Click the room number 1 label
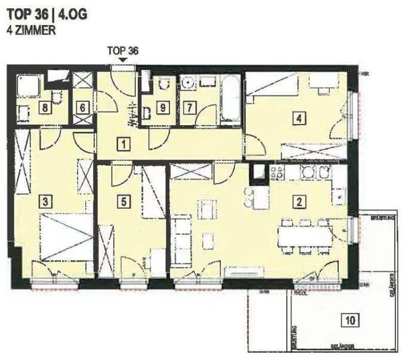click(x=123, y=144)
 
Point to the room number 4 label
click(x=298, y=119)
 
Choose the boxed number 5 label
click(x=123, y=201)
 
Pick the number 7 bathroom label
click(x=190, y=108)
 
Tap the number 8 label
click(x=44, y=108)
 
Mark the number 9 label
click(x=161, y=108)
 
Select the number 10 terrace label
click(x=351, y=321)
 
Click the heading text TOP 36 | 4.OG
click(x=47, y=15)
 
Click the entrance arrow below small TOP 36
click(x=123, y=60)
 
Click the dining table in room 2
click(x=305, y=236)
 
